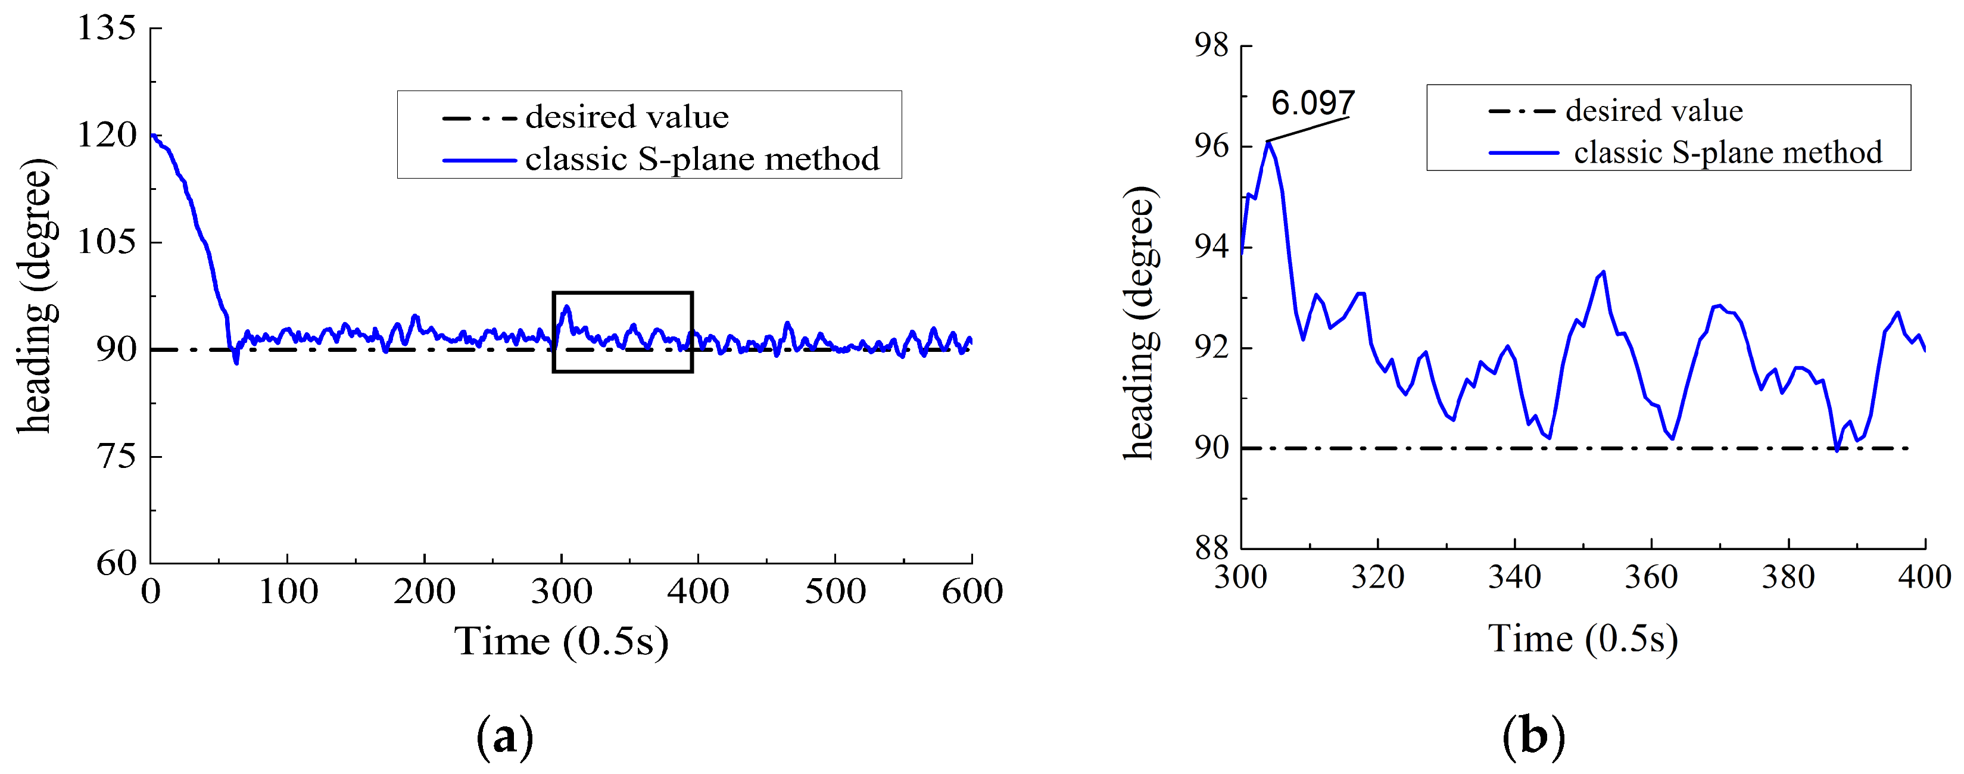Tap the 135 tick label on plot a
pos(106,29)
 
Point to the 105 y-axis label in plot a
pos(106,242)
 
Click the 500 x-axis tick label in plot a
pos(835,592)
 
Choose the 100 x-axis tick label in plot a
pos(288,592)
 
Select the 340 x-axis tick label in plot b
pos(1514,578)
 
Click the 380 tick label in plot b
pos(1788,578)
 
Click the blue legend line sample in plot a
pos(479,160)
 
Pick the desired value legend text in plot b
pos(1654,111)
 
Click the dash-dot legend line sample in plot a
pos(479,118)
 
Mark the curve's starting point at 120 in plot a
pos(152,136)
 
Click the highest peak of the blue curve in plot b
pos(1268,142)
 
